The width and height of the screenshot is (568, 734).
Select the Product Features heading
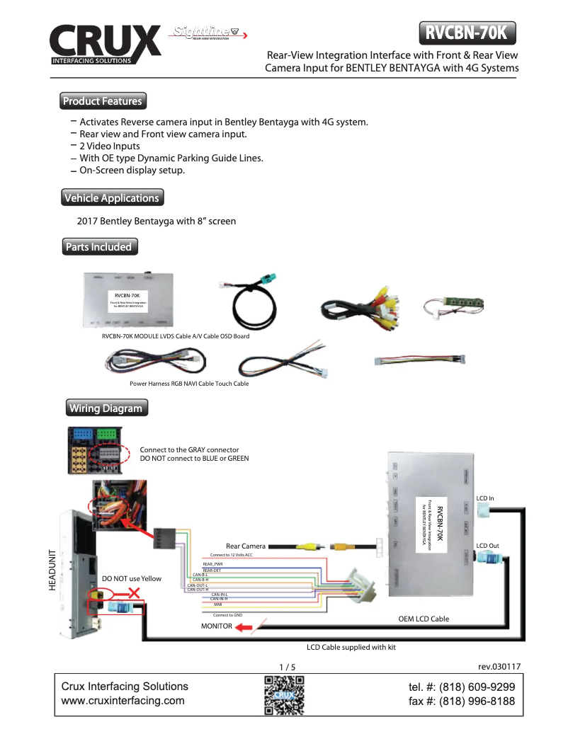(102, 101)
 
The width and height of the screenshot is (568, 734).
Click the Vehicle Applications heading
(111, 197)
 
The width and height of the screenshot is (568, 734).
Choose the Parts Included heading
(98, 247)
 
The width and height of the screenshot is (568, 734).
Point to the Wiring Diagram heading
(105, 408)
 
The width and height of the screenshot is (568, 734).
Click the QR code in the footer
(284, 695)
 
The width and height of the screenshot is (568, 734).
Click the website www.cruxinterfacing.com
(123, 701)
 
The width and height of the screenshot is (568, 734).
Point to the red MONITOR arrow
(244, 626)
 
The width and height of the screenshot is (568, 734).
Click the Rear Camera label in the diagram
(246, 546)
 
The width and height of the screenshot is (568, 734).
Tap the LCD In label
(485, 498)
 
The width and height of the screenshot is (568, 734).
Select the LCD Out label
(488, 545)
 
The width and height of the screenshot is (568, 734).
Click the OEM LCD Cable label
(424, 619)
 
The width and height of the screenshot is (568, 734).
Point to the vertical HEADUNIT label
(52, 570)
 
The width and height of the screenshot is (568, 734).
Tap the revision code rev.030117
(499, 666)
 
